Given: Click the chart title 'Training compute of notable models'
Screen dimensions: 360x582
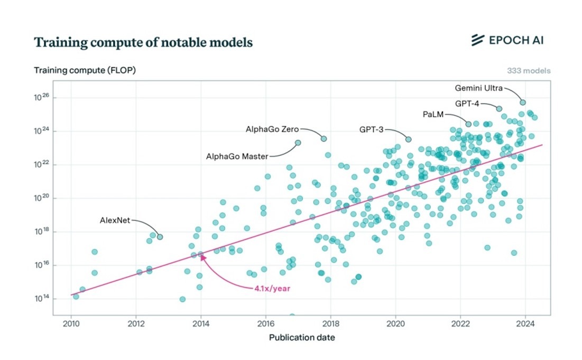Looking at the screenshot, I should [143, 43].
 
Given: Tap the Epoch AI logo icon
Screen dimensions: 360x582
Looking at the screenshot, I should [478, 40].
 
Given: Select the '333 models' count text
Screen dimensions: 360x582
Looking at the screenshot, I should [529, 70].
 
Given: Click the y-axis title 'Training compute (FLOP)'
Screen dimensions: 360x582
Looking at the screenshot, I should [85, 70].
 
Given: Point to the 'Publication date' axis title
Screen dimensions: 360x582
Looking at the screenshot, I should [302, 337].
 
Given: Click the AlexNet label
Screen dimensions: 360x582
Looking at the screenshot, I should [115, 220].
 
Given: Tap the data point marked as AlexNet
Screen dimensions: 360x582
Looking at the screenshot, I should [160, 237].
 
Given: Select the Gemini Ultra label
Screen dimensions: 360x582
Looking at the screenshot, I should [479, 88].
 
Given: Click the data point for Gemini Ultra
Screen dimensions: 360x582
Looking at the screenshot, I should [523, 102].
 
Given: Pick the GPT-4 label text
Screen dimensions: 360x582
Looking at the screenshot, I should [467, 103].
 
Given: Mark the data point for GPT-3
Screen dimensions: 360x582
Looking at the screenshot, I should [408, 139].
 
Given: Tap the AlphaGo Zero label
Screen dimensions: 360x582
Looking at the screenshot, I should [272, 129].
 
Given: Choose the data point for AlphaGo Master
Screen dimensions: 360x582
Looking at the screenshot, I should [298, 143].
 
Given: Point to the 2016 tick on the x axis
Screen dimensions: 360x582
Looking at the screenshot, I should [266, 324].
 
